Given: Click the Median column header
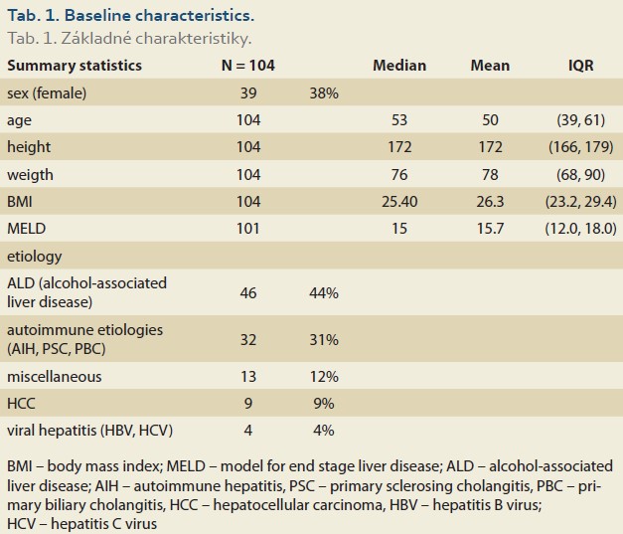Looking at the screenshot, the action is [x=399, y=66].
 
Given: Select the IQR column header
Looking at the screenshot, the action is [x=581, y=66].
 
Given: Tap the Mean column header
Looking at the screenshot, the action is [x=490, y=66].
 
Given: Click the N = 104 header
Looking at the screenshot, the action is [x=248, y=66].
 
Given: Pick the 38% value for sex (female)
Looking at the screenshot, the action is [x=324, y=93].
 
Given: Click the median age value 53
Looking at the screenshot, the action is [x=399, y=120].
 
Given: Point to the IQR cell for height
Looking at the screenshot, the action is [x=581, y=147].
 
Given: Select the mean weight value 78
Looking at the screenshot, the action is [x=490, y=175].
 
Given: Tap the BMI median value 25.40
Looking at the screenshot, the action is [x=399, y=202].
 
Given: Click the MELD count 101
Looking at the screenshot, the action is [x=248, y=229].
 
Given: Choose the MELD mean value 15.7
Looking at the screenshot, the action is [x=490, y=229].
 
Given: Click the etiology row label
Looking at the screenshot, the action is [x=35, y=257].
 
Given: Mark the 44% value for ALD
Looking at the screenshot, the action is [x=324, y=293].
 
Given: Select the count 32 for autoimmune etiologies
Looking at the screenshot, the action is [x=248, y=340].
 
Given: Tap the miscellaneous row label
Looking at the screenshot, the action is [x=55, y=376].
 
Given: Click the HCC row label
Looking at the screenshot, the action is [x=21, y=403].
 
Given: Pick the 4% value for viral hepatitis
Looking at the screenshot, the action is [x=324, y=431].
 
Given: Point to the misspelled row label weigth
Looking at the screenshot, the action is [x=30, y=175].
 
